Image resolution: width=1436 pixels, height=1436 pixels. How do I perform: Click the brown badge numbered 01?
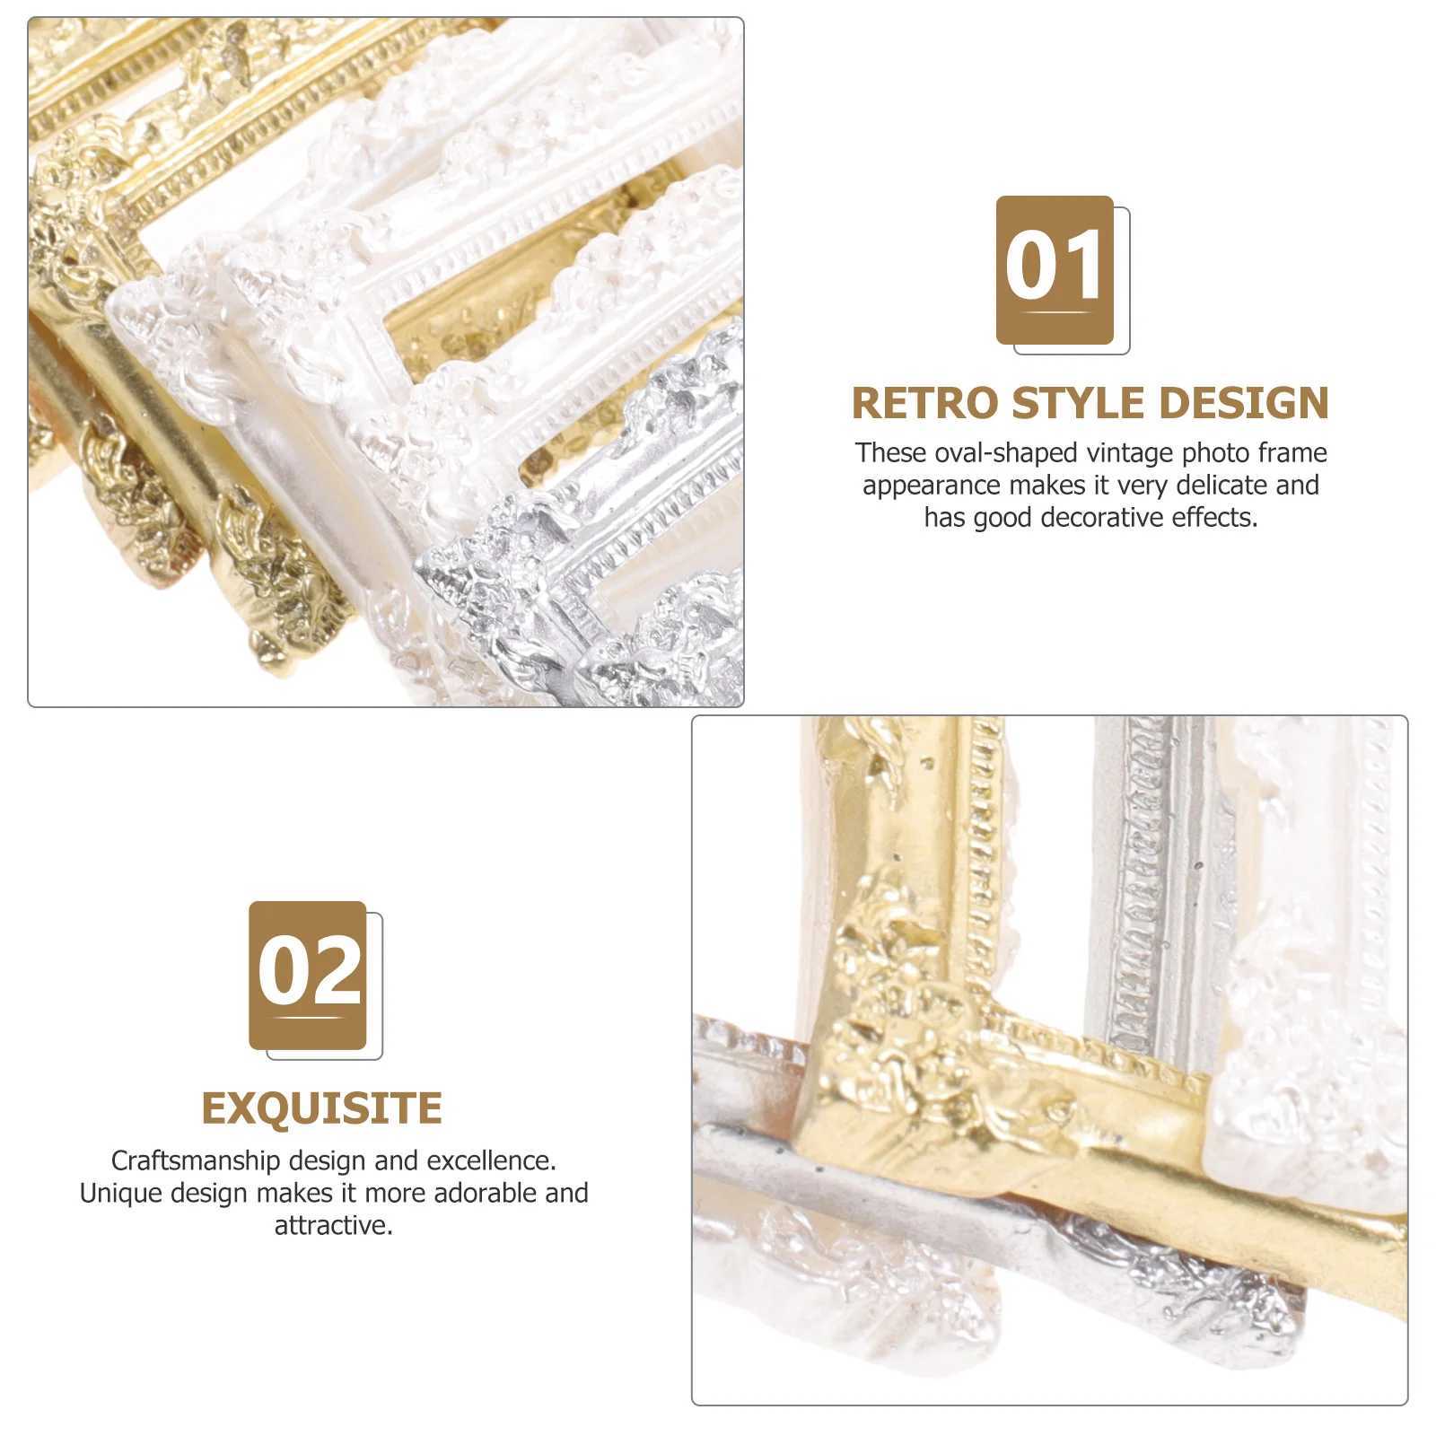coord(1055,269)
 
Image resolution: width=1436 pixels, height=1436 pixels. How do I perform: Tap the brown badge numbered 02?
coord(307,975)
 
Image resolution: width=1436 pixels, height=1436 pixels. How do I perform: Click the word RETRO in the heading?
coord(925,403)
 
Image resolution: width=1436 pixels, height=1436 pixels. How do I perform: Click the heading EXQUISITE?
coord(321,1108)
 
